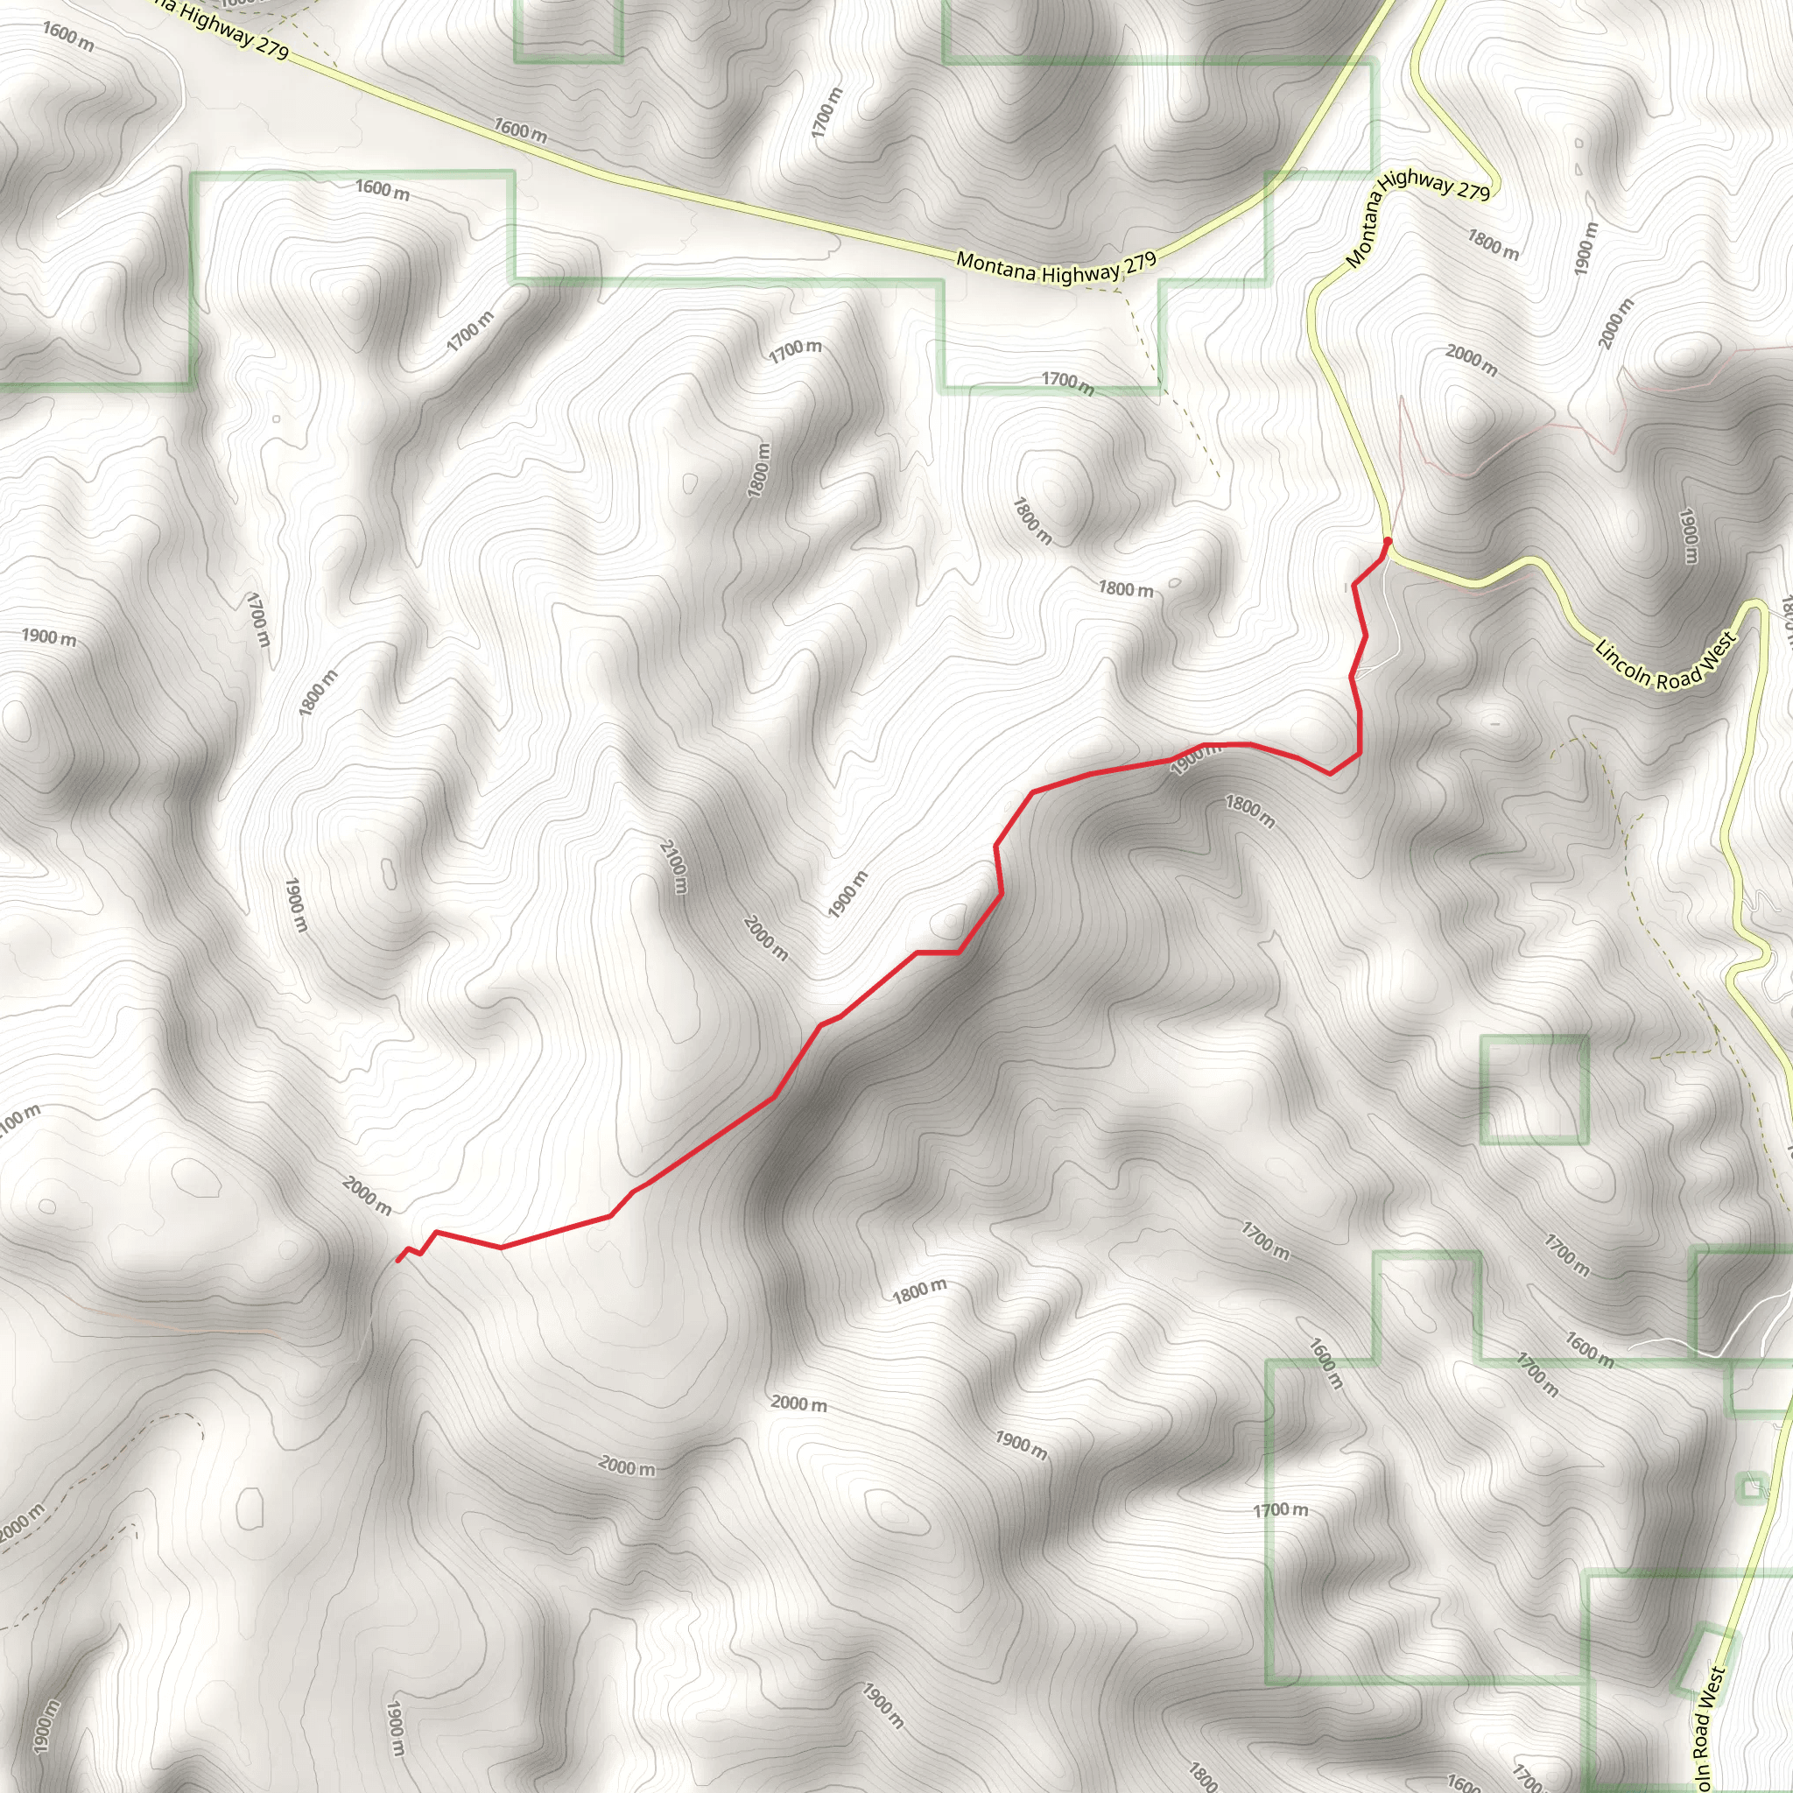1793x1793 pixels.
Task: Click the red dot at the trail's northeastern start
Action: click(x=1388, y=540)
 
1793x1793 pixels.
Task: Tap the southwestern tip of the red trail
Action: click(x=398, y=1261)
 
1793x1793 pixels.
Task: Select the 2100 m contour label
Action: click(x=674, y=867)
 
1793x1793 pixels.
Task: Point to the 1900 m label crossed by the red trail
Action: click(x=1195, y=759)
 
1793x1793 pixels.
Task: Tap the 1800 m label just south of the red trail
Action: click(x=1249, y=811)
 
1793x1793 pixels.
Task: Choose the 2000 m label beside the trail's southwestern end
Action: click(x=367, y=1195)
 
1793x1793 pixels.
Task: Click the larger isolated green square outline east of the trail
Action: click(x=1534, y=1088)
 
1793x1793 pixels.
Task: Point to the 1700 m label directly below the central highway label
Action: click(x=1067, y=383)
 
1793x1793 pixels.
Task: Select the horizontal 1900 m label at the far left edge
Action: click(x=49, y=636)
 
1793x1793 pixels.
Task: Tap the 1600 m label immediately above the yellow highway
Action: click(x=520, y=130)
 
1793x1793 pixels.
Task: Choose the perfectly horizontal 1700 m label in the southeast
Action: click(x=1281, y=1510)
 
